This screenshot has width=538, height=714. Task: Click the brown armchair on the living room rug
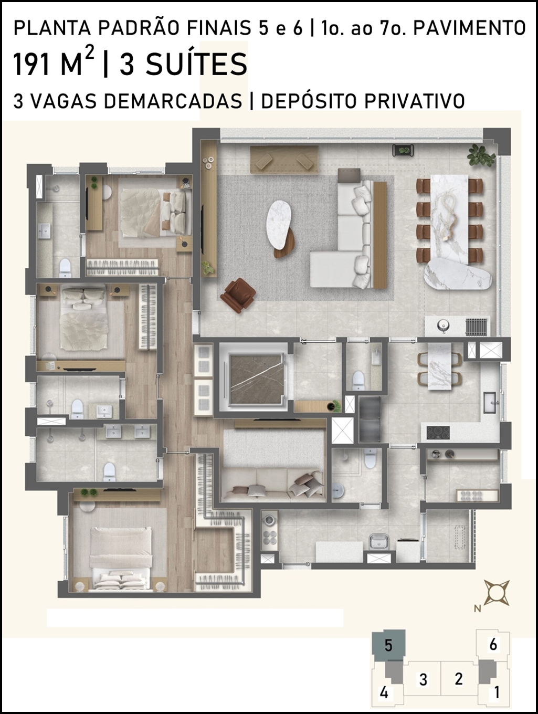coord(238,296)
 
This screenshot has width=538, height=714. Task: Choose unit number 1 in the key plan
coord(497,693)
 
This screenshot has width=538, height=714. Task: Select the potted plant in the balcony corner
coord(482,155)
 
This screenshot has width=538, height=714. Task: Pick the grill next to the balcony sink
coord(477,326)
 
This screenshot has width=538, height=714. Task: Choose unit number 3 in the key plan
coord(423,679)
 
